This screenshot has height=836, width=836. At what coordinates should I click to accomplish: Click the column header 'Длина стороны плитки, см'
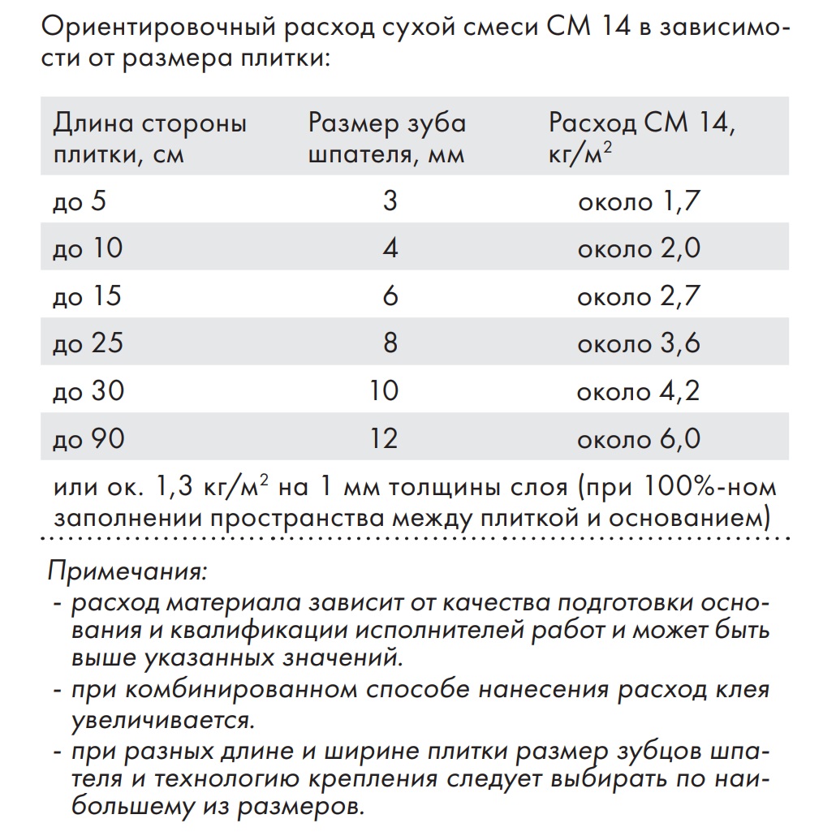149,137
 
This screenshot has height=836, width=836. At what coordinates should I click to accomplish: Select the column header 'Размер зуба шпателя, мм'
387,137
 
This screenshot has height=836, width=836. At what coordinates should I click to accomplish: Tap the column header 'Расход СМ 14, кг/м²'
642,137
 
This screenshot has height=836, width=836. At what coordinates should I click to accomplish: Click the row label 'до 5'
79,200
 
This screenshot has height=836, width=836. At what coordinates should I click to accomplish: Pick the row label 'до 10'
87,248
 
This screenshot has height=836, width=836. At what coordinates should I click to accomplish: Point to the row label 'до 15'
87,296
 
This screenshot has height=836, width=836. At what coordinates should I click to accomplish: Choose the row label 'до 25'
88,343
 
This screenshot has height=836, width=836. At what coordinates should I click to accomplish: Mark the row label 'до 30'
88,391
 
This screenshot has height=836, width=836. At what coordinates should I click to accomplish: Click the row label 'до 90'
88,439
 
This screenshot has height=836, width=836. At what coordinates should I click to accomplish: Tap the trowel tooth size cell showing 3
390,200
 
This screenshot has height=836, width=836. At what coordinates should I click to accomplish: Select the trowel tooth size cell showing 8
390,343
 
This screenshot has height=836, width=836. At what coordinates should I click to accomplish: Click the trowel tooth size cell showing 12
383,439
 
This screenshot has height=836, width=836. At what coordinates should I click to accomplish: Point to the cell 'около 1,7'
638,200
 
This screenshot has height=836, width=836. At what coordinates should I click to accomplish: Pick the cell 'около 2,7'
638,296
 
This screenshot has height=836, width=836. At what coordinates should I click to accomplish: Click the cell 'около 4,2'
638,391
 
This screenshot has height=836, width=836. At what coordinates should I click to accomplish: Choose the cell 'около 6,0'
638,439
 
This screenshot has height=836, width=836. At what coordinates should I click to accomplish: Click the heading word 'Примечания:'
128,571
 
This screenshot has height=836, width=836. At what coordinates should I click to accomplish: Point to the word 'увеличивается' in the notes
159,719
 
